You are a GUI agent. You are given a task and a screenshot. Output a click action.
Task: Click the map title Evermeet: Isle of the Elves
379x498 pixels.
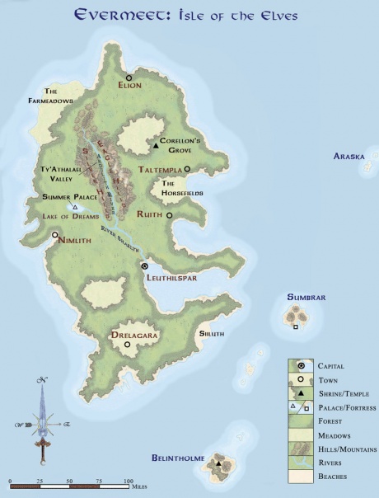[189, 15]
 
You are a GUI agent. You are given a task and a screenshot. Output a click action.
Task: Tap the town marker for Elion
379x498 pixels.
[129, 78]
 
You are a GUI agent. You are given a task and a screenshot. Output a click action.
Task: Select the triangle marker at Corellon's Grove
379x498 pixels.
[155, 146]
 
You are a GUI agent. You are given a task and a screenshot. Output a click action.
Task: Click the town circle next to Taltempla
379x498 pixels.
[187, 169]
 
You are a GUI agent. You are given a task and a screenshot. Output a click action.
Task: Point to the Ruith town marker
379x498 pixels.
[169, 215]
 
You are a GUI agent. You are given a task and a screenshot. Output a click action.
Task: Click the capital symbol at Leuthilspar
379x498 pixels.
[145, 266]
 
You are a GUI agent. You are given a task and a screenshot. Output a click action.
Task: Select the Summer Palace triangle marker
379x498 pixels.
[75, 207]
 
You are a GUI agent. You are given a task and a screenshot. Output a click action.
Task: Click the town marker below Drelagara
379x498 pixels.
[127, 345]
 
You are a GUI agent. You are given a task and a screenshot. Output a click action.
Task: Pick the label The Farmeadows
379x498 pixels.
[59, 96]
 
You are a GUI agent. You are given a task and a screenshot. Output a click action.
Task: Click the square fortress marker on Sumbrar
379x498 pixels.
[296, 327]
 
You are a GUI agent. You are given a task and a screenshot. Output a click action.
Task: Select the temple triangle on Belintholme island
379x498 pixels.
[218, 464]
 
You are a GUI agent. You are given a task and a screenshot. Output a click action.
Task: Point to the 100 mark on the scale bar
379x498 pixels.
[129, 481]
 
